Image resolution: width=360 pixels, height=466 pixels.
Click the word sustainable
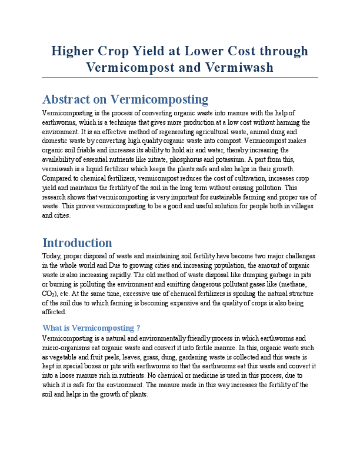(221, 197)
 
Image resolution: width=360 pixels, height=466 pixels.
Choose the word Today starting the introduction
(54, 257)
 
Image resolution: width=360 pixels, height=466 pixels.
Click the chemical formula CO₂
(50, 294)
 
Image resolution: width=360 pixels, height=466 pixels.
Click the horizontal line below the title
(180, 77)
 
